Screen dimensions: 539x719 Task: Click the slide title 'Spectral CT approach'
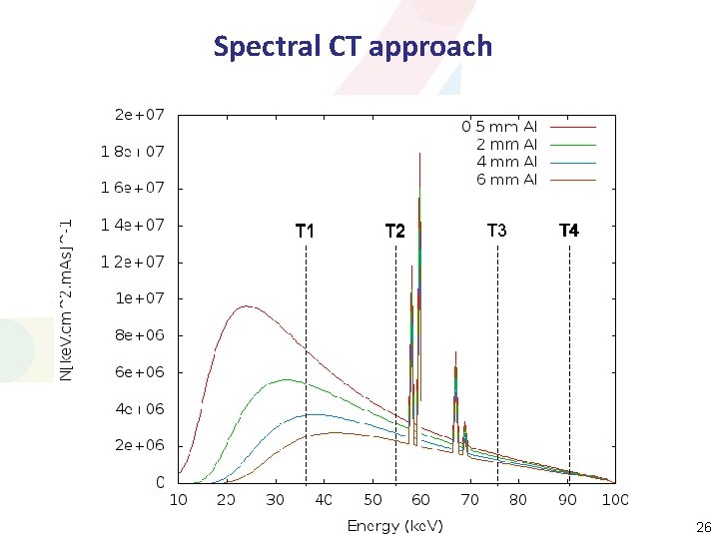click(353, 46)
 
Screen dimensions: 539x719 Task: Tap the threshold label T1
click(306, 232)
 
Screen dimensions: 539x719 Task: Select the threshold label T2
click(395, 232)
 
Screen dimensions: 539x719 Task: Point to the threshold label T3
click(497, 231)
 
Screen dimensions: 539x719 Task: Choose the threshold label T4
click(569, 231)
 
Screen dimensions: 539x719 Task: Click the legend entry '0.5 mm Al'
click(499, 127)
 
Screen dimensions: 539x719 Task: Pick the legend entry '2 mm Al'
click(506, 144)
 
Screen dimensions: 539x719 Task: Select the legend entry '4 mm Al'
click(506, 162)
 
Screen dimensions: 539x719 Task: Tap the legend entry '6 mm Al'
click(506, 180)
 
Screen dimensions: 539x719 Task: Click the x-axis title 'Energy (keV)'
click(395, 526)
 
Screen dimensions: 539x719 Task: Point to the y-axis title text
click(65, 297)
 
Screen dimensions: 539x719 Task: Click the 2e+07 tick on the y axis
click(139, 115)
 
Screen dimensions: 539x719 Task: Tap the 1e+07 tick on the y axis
click(139, 298)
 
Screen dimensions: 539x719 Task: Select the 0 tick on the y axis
click(160, 482)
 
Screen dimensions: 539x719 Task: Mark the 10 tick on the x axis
click(179, 499)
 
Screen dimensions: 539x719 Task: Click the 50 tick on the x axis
click(372, 499)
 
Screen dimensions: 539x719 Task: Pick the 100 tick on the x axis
click(614, 499)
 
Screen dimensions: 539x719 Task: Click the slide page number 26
click(700, 526)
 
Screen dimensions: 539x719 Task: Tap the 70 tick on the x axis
click(469, 499)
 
